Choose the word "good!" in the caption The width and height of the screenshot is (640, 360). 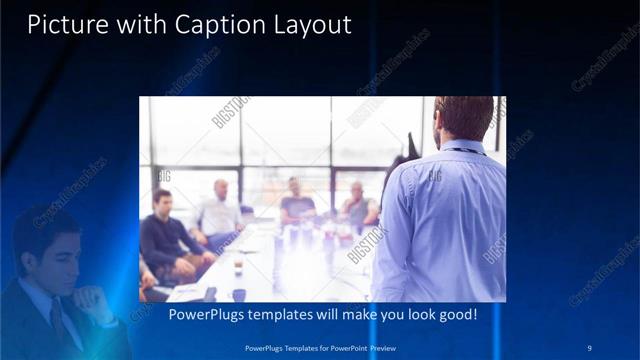(454, 314)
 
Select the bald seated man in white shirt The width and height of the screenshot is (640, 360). (221, 212)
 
